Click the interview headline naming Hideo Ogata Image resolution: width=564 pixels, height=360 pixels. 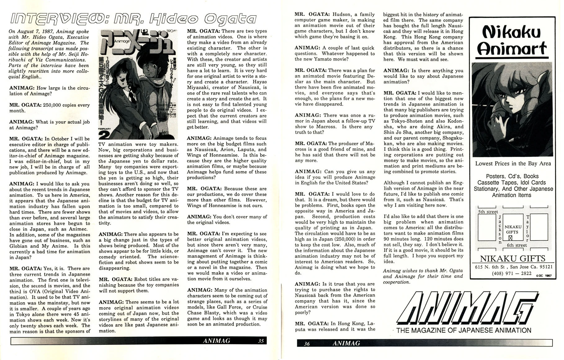[133, 19]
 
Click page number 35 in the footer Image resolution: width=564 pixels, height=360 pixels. [261, 341]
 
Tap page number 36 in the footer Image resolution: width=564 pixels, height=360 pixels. [307, 343]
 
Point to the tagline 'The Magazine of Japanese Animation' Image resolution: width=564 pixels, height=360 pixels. [463, 330]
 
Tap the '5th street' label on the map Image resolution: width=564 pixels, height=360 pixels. [488, 212]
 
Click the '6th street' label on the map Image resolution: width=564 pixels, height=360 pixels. [517, 245]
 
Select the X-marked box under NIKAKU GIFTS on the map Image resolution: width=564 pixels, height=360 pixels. [510, 238]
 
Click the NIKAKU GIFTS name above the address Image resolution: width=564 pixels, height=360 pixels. [513, 259]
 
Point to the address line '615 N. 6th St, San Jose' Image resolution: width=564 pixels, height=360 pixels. [513, 267]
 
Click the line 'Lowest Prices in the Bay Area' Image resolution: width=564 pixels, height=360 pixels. [513, 163]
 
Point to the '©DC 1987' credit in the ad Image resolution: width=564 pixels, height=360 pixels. [544, 275]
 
